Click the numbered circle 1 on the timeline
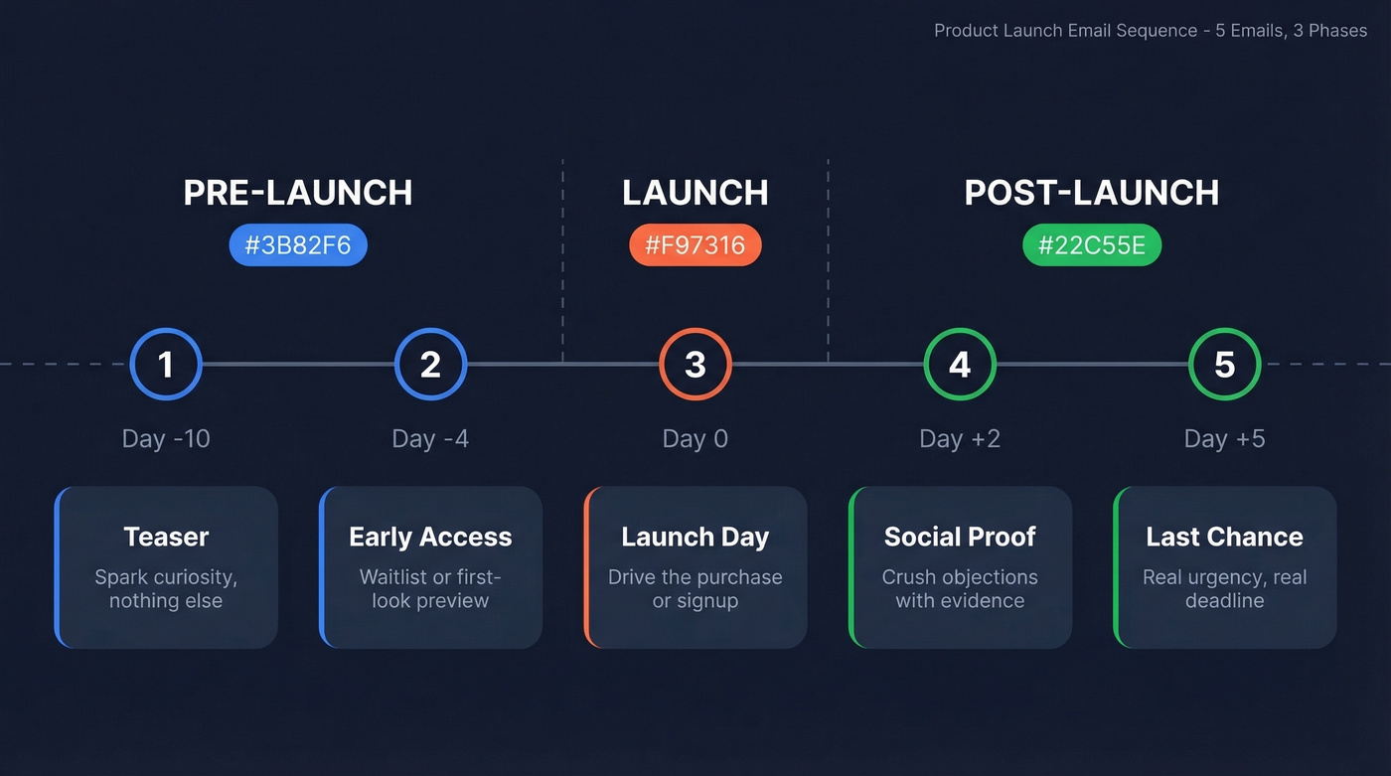click(166, 365)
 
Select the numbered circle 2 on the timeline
click(430, 365)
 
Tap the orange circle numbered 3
click(695, 365)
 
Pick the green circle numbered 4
click(960, 365)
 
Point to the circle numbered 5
click(1224, 365)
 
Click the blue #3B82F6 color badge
click(298, 245)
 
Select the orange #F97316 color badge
click(695, 245)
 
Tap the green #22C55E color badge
click(1092, 245)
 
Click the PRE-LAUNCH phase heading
click(298, 193)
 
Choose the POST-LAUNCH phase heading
click(1092, 193)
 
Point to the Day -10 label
click(166, 438)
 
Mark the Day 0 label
click(695, 438)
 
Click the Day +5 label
click(1224, 438)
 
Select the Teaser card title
click(166, 537)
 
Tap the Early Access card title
click(430, 537)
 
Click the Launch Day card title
click(695, 537)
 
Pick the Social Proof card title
click(960, 537)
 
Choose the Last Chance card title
click(1224, 537)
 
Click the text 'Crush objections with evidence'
click(960, 589)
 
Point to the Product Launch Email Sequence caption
click(1151, 31)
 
